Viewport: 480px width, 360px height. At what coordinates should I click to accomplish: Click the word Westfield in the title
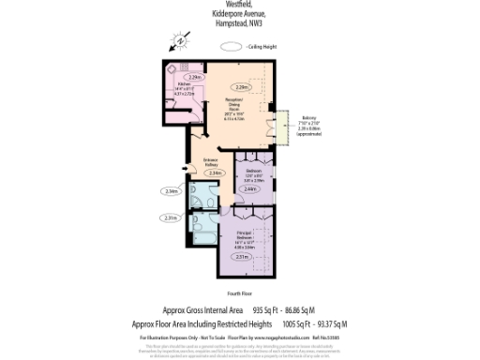[x=239, y=4]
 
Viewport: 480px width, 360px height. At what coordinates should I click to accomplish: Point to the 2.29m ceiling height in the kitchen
[x=195, y=76]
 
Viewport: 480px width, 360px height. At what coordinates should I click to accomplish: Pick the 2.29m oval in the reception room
[x=243, y=87]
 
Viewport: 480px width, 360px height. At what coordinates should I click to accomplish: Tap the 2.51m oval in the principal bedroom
[x=242, y=256]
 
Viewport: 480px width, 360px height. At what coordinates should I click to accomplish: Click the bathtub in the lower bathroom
[x=202, y=226]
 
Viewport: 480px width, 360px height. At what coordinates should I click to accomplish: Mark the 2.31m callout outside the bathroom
[x=171, y=217]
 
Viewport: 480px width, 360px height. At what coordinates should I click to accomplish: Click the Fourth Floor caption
[x=239, y=294]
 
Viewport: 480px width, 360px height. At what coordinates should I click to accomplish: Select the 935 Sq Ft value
[x=268, y=309]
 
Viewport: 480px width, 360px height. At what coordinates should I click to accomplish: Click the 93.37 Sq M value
[x=317, y=323]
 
